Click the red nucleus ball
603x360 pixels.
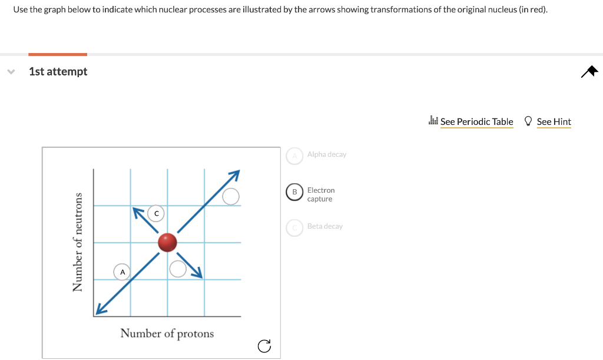pyautogui.click(x=168, y=242)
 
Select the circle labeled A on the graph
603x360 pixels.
pyautogui.click(x=122, y=272)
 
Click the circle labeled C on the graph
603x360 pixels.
pyautogui.click(x=156, y=213)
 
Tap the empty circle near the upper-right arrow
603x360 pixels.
pyautogui.click(x=231, y=196)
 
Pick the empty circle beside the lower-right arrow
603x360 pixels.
pyautogui.click(x=178, y=269)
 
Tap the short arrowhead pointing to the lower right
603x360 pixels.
pyautogui.click(x=198, y=272)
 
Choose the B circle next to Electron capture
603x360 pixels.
pyautogui.click(x=294, y=193)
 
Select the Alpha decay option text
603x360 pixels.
pyautogui.click(x=327, y=154)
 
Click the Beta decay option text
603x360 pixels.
pyautogui.click(x=324, y=226)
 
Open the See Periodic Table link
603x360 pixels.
pyautogui.click(x=476, y=122)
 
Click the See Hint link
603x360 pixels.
pyautogui.click(x=554, y=122)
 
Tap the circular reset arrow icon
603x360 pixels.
pyautogui.click(x=264, y=346)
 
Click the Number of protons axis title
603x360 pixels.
pyautogui.click(x=167, y=333)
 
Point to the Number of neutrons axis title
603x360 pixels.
pyautogui.click(x=77, y=242)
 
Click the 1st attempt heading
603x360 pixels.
pyautogui.click(x=58, y=71)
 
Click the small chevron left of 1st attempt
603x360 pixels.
pyautogui.click(x=11, y=71)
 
